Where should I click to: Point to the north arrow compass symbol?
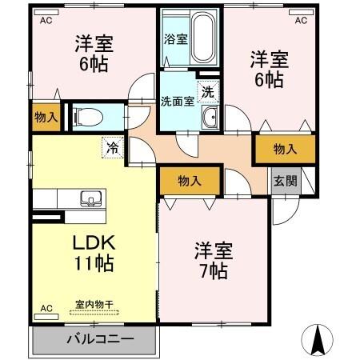(319, 340)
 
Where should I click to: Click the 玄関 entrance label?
(285, 180)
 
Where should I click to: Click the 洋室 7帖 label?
(213, 261)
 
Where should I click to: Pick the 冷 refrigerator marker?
(113, 146)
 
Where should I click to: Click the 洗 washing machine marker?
(208, 92)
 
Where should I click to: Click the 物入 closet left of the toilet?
(46, 117)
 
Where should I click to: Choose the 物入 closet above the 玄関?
(284, 149)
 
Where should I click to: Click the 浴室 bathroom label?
(176, 38)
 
